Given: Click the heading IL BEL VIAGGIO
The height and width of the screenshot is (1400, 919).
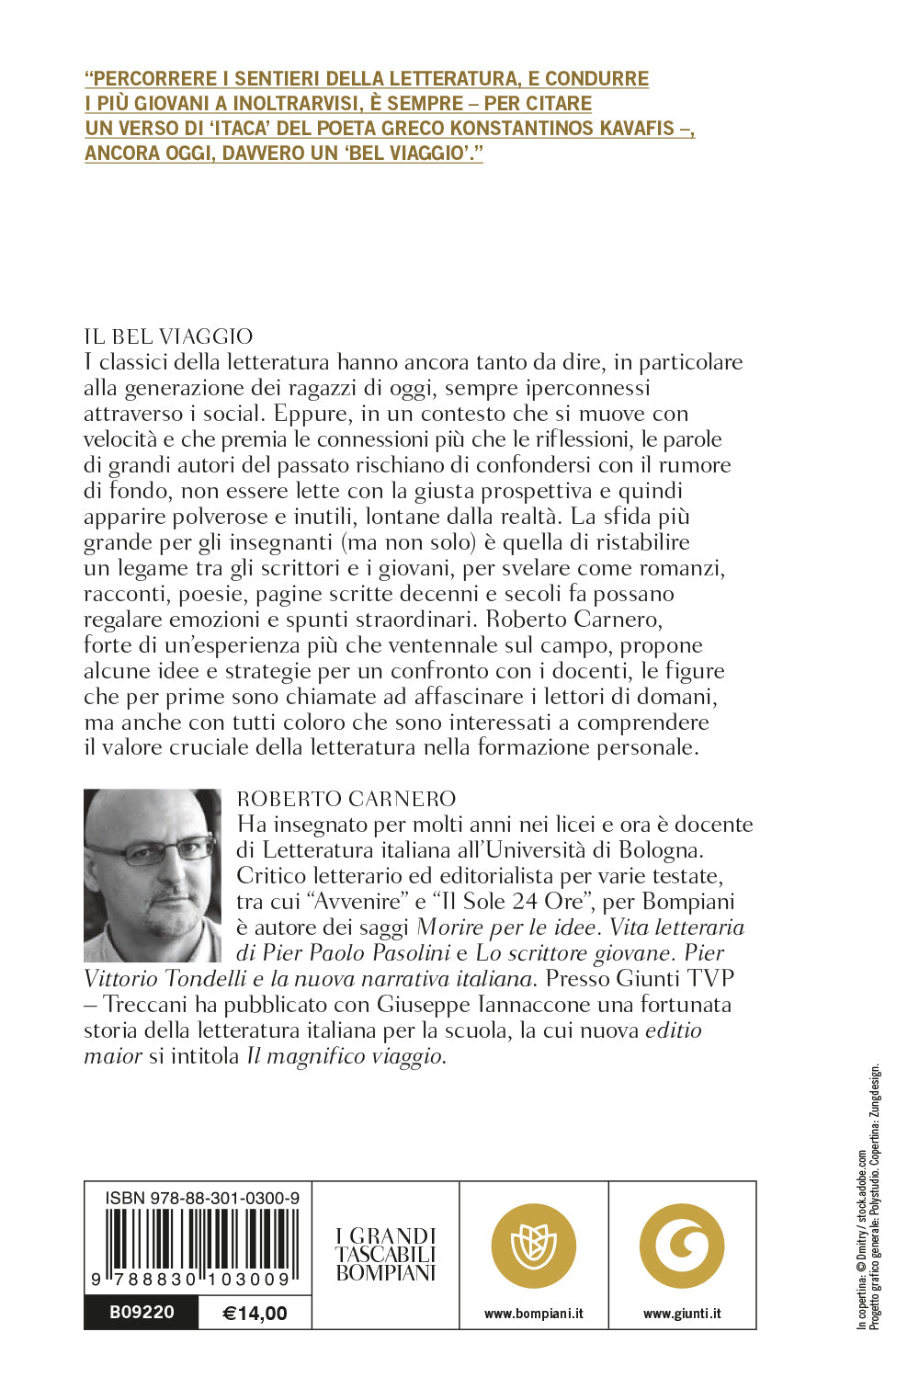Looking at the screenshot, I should click(168, 336).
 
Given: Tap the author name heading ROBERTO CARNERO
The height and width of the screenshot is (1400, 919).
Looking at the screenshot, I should click(346, 799).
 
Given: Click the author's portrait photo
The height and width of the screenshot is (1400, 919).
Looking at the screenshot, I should click(153, 875).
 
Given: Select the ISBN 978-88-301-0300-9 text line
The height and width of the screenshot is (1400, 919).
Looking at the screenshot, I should click(202, 1198).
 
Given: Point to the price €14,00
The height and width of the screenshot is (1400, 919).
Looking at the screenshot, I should click(255, 1314).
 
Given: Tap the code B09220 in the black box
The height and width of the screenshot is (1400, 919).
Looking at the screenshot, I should click(142, 1313).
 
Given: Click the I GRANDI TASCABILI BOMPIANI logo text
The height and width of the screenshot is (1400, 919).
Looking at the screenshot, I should click(386, 1255).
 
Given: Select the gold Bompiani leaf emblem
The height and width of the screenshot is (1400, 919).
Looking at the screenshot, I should click(534, 1246).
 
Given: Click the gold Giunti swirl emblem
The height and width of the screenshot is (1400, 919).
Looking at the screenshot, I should click(682, 1246).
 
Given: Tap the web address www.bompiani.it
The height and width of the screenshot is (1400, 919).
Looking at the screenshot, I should click(534, 1314).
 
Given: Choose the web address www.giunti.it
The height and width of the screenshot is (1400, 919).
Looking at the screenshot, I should click(682, 1314).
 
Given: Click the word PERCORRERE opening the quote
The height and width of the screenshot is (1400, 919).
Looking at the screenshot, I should click(153, 79).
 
